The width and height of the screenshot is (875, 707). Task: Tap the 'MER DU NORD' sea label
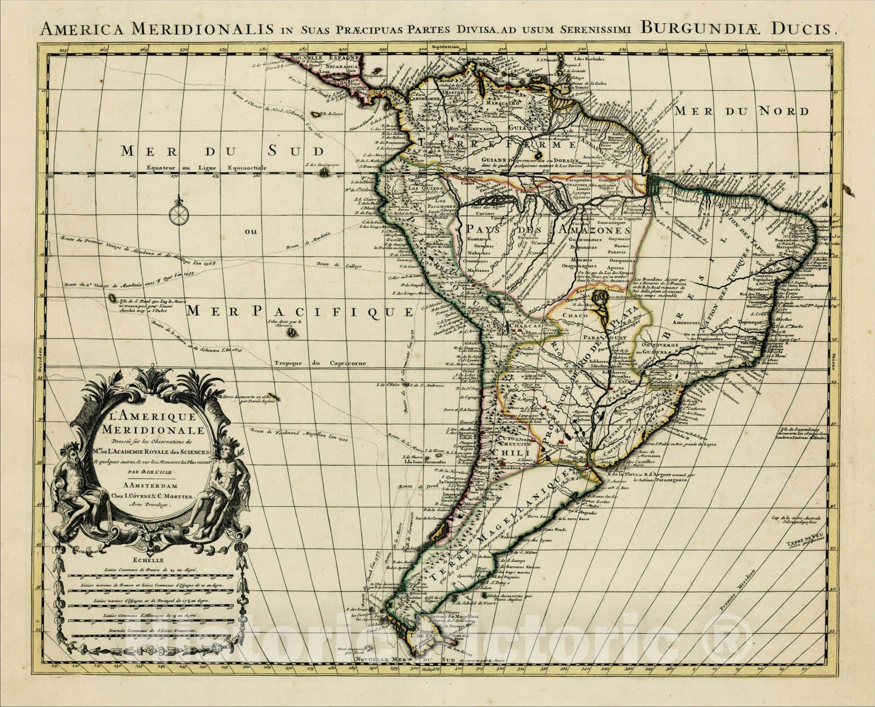coord(741,112)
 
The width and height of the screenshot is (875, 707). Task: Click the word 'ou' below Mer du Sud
coord(251,231)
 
